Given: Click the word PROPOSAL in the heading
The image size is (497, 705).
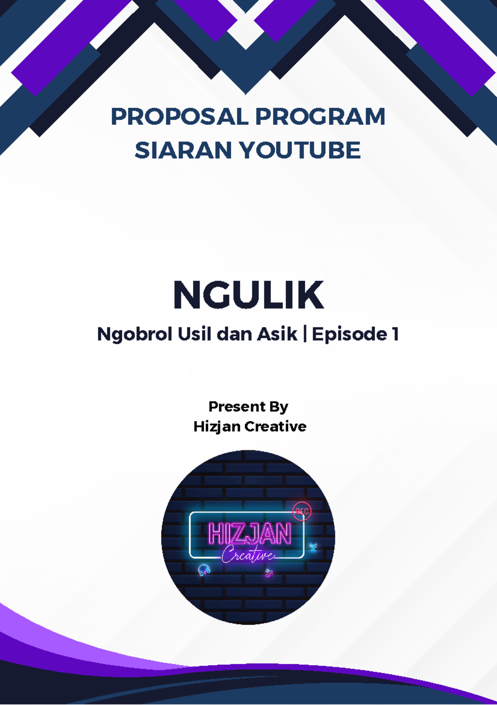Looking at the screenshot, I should coord(180,117).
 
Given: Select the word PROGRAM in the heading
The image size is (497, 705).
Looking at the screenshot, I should coord(320,117).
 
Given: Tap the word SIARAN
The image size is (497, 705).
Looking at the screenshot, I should coord(183,150).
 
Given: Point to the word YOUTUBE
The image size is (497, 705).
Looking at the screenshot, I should coord(301,150).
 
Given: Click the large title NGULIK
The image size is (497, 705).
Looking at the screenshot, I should coord(248,295).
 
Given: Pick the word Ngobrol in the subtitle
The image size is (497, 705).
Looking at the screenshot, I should coord(134,334).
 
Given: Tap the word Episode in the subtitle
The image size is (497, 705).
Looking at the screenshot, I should coord(350,334).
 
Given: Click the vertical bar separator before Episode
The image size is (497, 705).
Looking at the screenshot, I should coord(305,334).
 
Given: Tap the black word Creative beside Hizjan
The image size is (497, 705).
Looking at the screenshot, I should coord(275,426).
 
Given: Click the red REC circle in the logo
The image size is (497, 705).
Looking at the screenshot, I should coord(302,511).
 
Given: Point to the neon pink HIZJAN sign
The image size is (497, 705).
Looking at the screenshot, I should coord(249,534).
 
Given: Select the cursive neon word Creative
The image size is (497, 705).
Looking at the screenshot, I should coord(248,555).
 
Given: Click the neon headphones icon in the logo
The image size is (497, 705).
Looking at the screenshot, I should coord(204,570).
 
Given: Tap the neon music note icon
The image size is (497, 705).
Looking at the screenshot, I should coord(269,574).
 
